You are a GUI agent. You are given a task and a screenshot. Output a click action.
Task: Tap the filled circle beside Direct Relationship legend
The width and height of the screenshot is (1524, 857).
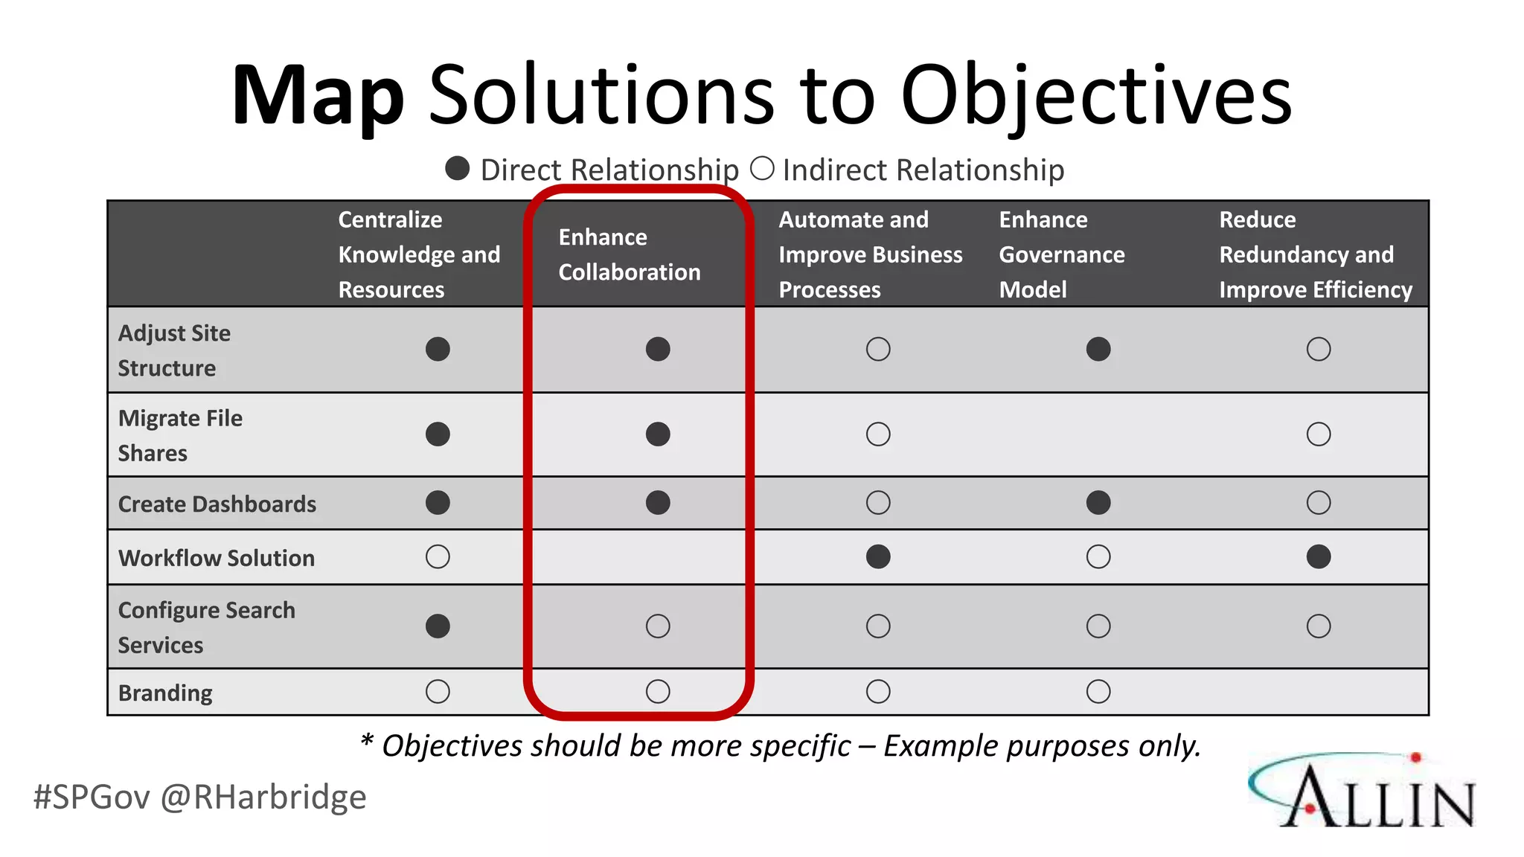pyautogui.click(x=457, y=169)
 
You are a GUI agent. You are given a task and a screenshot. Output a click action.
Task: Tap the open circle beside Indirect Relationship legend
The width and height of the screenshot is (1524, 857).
pyautogui.click(x=762, y=169)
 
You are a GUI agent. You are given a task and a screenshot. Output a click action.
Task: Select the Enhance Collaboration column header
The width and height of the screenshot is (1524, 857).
pyautogui.click(x=630, y=254)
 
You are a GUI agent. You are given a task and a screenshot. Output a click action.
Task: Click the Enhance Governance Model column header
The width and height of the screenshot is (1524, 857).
pyautogui.click(x=1061, y=254)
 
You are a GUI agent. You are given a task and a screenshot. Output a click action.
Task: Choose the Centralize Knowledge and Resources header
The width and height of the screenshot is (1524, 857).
pyautogui.click(x=419, y=254)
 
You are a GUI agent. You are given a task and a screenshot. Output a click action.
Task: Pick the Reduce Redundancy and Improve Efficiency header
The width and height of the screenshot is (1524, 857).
pyautogui.click(x=1315, y=254)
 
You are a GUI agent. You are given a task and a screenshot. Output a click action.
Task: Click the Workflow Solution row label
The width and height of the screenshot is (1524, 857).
pyautogui.click(x=217, y=558)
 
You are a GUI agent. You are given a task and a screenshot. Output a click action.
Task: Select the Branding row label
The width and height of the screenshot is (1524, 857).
pyautogui.click(x=165, y=693)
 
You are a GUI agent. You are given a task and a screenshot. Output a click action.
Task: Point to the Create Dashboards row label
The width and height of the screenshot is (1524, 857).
pyautogui.click(x=217, y=504)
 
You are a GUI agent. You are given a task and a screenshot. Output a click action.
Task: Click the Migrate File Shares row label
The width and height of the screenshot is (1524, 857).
pyautogui.click(x=180, y=435)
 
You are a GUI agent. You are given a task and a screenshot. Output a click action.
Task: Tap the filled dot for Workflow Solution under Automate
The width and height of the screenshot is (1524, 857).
pyautogui.click(x=878, y=556)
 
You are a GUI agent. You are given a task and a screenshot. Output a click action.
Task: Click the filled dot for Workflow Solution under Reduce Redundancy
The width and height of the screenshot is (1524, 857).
pyautogui.click(x=1318, y=556)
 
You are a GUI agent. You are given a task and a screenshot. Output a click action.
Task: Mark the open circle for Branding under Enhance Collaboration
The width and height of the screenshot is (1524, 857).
pyautogui.click(x=658, y=691)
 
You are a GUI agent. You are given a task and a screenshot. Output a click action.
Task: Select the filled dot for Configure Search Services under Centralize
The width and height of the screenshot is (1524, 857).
pyautogui.click(x=438, y=626)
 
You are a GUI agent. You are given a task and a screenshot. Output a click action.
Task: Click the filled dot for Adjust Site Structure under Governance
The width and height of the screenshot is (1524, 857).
pyautogui.click(x=1098, y=349)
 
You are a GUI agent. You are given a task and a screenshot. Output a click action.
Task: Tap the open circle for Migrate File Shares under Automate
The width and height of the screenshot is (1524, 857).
pyautogui.click(x=878, y=434)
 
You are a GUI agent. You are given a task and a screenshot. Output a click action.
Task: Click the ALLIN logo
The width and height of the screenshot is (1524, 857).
pyautogui.click(x=1362, y=792)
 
